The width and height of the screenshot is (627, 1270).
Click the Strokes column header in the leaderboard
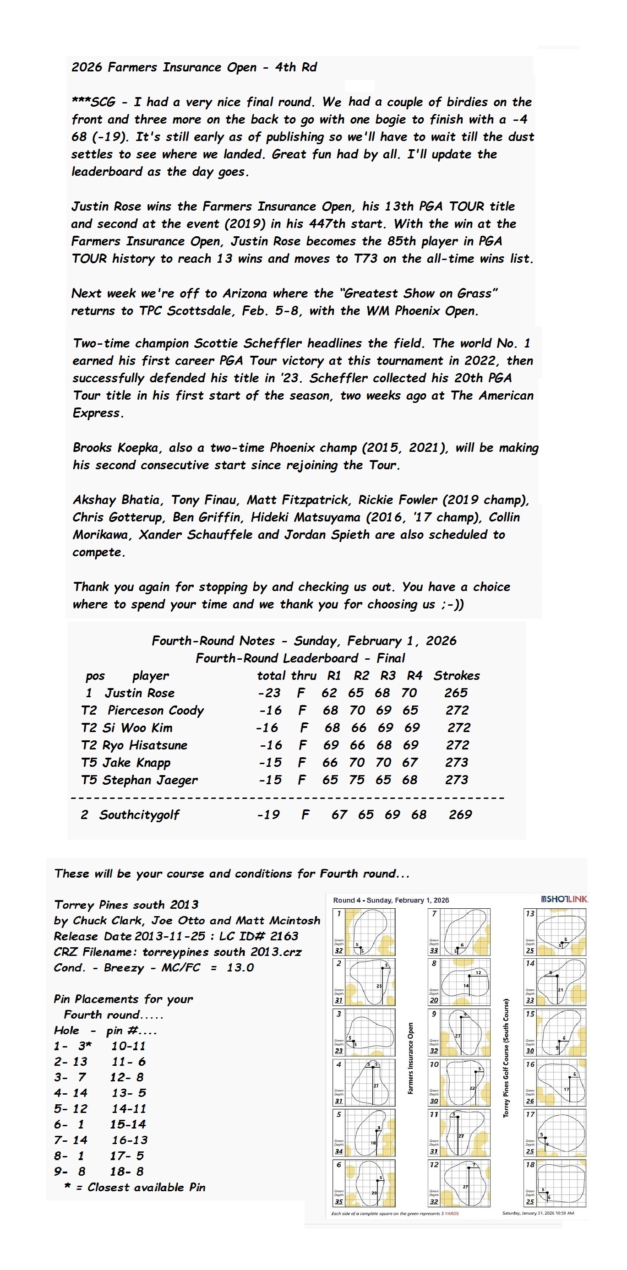tap(456, 675)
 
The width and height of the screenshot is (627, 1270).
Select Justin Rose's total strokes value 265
tap(455, 693)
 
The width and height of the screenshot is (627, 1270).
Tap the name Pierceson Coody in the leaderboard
tap(155, 711)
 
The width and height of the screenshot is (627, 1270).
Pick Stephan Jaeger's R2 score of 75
tap(357, 780)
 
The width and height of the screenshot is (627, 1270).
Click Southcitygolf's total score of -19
tap(268, 814)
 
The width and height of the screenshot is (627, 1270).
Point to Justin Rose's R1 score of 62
tap(329, 693)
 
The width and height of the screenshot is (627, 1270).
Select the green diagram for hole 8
tap(459, 982)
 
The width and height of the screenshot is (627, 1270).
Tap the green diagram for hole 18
tap(555, 1183)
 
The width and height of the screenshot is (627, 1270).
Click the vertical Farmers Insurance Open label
tap(410, 1058)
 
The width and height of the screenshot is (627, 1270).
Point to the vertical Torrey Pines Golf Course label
tap(506, 1058)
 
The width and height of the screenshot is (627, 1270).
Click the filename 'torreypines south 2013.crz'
tap(222, 951)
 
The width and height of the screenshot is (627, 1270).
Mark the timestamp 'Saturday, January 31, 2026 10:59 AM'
tap(538, 1213)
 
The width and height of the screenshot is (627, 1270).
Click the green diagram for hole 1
tap(364, 931)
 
